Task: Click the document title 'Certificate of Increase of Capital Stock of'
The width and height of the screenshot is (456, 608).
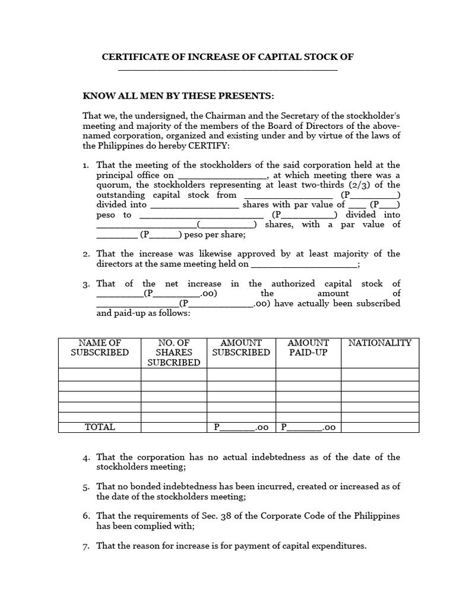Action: tap(228, 57)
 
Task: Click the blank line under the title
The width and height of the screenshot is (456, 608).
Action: tap(228, 69)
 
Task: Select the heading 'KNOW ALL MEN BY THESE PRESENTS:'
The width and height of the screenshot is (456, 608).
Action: tap(178, 96)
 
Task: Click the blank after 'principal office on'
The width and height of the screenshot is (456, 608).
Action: tap(222, 176)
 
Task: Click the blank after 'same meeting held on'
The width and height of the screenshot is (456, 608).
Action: tap(305, 264)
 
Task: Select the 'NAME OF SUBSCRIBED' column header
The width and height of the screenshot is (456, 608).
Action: tap(100, 348)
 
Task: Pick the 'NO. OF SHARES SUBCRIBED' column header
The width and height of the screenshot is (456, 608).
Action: tap(173, 353)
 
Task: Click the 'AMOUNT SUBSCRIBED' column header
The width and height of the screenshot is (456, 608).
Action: tap(241, 348)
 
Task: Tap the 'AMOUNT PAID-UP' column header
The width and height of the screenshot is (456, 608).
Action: tap(308, 348)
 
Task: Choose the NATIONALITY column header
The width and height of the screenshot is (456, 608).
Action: tap(379, 343)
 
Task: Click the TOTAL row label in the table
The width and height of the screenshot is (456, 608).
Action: tap(100, 427)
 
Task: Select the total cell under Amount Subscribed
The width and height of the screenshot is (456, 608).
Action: tap(241, 427)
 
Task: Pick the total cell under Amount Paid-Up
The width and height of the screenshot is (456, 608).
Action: tap(308, 427)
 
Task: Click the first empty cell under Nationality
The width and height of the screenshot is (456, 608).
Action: tap(379, 374)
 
